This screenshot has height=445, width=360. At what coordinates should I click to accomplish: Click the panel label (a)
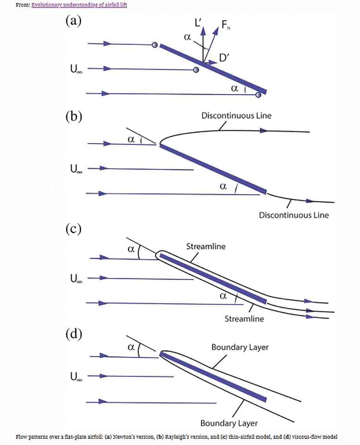(73, 21)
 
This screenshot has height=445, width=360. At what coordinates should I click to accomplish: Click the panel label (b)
(73, 117)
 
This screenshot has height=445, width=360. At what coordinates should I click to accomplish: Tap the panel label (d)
(73, 334)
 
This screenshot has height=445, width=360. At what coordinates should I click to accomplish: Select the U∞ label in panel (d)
(73, 377)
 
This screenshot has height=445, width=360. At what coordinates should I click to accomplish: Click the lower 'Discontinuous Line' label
(294, 215)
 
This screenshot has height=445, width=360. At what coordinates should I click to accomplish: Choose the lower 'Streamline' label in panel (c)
(244, 319)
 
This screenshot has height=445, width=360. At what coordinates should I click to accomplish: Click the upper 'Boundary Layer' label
(240, 347)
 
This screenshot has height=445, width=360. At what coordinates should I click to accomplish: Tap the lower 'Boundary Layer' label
(229, 423)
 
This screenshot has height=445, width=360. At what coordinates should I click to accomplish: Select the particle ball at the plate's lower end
(258, 95)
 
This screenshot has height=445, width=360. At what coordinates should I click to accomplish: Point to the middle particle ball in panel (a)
(196, 70)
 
